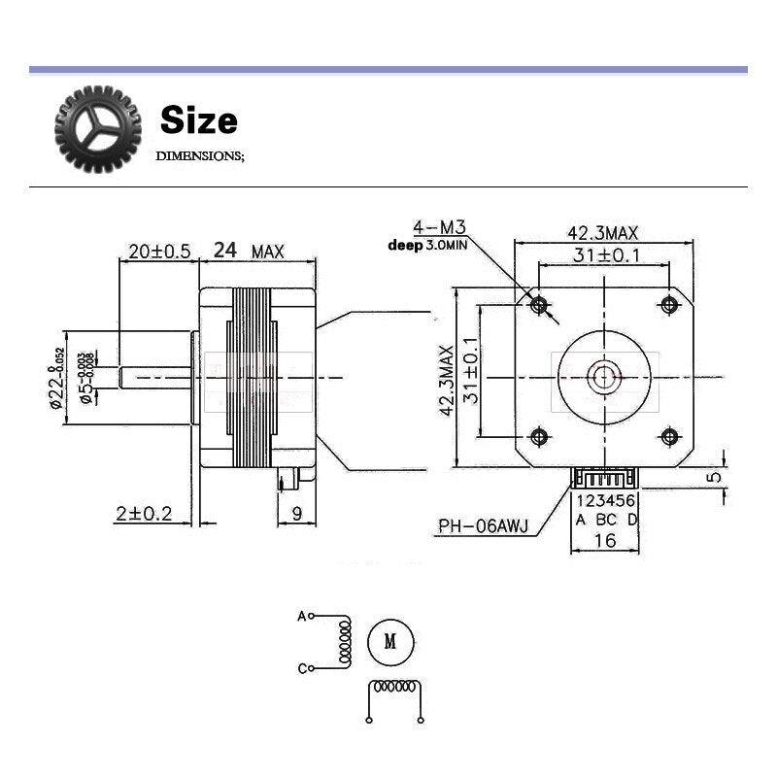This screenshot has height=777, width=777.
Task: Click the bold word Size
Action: pos(198,120)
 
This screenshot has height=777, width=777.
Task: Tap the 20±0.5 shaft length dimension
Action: pos(158,251)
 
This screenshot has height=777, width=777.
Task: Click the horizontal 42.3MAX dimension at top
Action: pos(602,233)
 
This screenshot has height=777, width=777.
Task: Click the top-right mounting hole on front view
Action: pos(669,304)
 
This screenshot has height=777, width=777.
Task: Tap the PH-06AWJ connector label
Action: pos(482,527)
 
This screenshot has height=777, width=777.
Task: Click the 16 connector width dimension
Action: pos(604,540)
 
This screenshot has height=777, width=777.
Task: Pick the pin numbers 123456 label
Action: pos(607,502)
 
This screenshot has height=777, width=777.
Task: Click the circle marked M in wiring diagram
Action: pos(390,641)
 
